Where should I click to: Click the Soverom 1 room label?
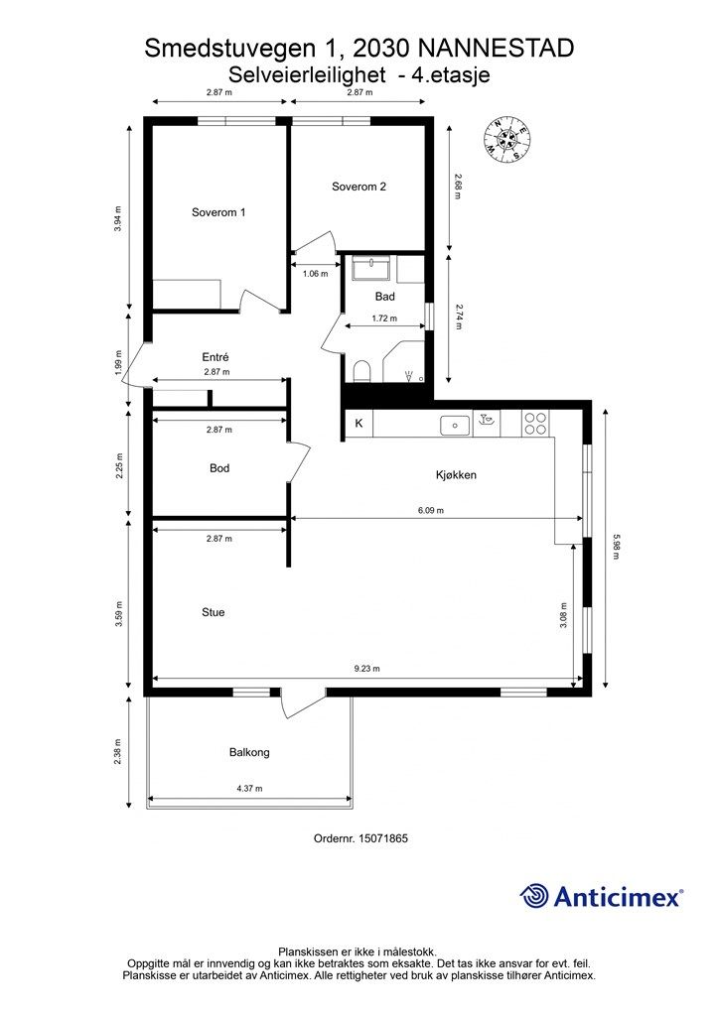(x=218, y=212)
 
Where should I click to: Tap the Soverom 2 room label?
(x=359, y=187)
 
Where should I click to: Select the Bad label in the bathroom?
(x=384, y=297)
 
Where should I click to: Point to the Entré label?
(x=216, y=357)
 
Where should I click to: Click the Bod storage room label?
(x=219, y=468)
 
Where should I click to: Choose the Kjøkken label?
(x=456, y=475)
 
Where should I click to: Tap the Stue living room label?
(x=214, y=612)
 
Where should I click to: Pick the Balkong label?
(x=249, y=752)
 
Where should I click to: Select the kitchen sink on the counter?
(x=455, y=426)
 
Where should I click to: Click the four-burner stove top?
(x=535, y=424)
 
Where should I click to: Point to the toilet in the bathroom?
(x=361, y=371)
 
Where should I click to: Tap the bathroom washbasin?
(x=371, y=268)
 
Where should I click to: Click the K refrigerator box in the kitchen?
(x=359, y=424)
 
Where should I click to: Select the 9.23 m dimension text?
(x=367, y=669)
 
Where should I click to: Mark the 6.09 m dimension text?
(x=431, y=510)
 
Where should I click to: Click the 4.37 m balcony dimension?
(x=249, y=789)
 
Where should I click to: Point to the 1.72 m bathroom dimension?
(x=384, y=318)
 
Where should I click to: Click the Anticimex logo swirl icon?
(x=533, y=896)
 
